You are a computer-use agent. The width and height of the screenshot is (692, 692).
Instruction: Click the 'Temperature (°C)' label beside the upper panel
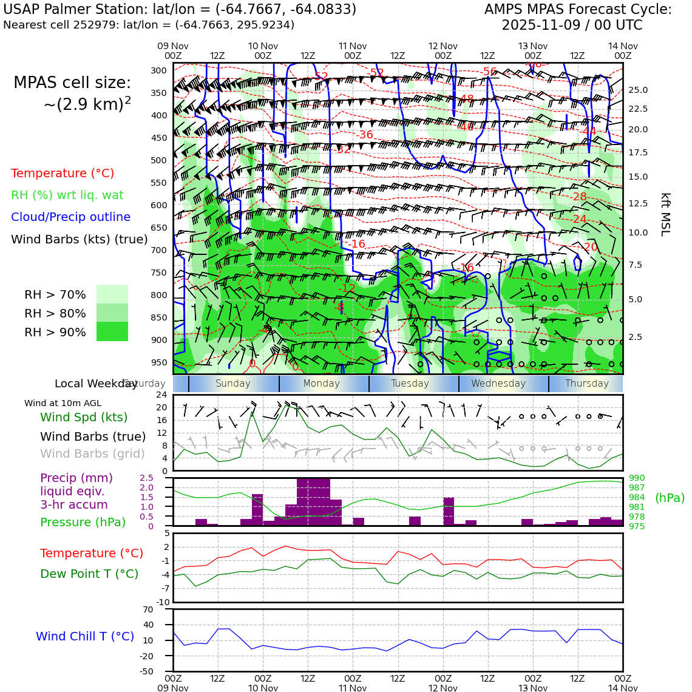pos(63,173)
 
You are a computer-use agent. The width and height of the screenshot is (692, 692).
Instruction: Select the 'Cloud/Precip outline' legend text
pos(70,217)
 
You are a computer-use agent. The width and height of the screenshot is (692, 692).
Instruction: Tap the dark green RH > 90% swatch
pos(112,331)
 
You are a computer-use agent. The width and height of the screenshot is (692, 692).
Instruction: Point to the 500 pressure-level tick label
pos(158,160)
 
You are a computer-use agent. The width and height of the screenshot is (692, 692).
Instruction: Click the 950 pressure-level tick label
pos(158,362)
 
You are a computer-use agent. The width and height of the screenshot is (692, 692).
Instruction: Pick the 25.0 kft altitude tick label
pos(638,90)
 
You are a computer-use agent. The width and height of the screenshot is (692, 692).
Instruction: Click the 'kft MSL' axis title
pos(665,214)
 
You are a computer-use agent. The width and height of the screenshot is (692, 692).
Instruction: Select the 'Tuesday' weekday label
pos(410,384)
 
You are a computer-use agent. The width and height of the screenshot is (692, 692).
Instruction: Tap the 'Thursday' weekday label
pos(586,384)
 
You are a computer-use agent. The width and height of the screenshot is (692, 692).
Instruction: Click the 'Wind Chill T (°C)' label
pos(85,636)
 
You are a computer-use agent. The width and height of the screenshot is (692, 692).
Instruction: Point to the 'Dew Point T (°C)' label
pos(89,574)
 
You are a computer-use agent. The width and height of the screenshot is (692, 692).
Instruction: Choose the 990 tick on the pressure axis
pos(637,478)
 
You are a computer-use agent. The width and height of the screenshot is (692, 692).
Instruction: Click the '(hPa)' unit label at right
pos(670,498)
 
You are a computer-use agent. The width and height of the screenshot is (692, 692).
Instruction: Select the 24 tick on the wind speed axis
pos(161,395)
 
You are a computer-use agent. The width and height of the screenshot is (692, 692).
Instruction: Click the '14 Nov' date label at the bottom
pos(623,688)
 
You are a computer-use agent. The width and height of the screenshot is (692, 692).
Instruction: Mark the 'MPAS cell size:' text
pos(72,83)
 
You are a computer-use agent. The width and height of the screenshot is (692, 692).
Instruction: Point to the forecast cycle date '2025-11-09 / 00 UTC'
pos(572,25)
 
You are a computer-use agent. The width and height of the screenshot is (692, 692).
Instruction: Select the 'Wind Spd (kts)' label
pos(84,417)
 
